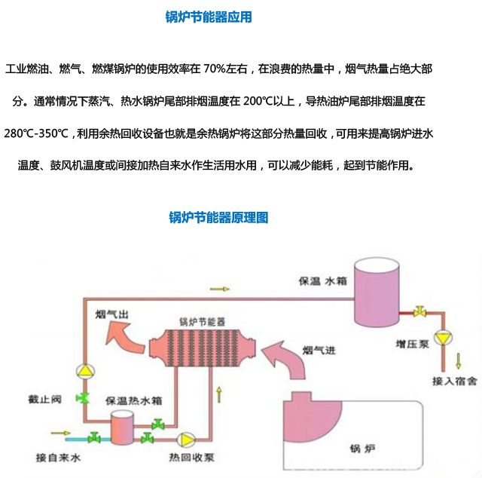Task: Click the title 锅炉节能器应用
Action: pos(209,17)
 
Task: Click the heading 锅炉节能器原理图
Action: pos(218,218)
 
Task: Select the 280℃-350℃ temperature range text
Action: pos(35,134)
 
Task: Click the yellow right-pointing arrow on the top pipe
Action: pos(218,289)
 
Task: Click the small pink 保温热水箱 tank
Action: pos(120,429)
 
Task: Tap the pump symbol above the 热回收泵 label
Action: pos(184,438)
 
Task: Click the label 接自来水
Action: pos(57,458)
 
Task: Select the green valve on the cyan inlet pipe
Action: pos(94,437)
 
